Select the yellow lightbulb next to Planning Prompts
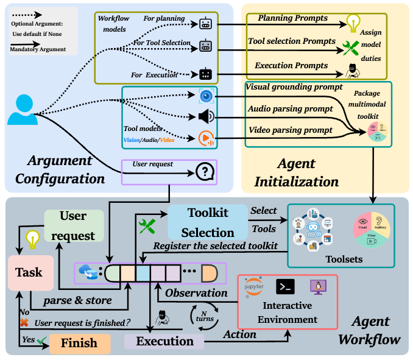352,23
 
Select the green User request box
74,225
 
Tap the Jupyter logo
254,288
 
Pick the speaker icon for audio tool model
205,116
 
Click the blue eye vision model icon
205,95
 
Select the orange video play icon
205,139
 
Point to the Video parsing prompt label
290,130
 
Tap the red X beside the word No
24,322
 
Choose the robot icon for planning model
205,24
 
